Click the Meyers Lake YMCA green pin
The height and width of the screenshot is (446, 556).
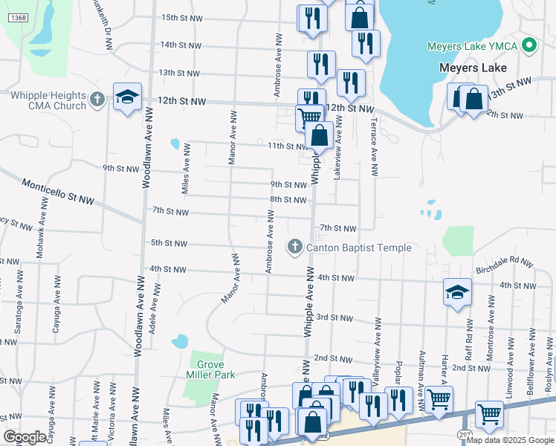(x=529, y=46)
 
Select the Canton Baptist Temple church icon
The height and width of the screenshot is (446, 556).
(x=294, y=247)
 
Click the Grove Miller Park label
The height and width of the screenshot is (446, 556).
(x=216, y=369)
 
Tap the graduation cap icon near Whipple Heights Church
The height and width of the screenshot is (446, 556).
(x=127, y=97)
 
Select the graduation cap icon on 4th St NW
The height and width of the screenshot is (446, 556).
(x=457, y=291)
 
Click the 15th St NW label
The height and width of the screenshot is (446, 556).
(x=181, y=17)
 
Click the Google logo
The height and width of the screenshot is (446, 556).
(x=25, y=437)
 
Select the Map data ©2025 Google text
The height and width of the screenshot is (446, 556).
(x=509, y=440)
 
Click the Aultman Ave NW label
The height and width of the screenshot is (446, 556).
(x=421, y=389)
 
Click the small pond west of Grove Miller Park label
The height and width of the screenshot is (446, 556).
(x=180, y=342)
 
